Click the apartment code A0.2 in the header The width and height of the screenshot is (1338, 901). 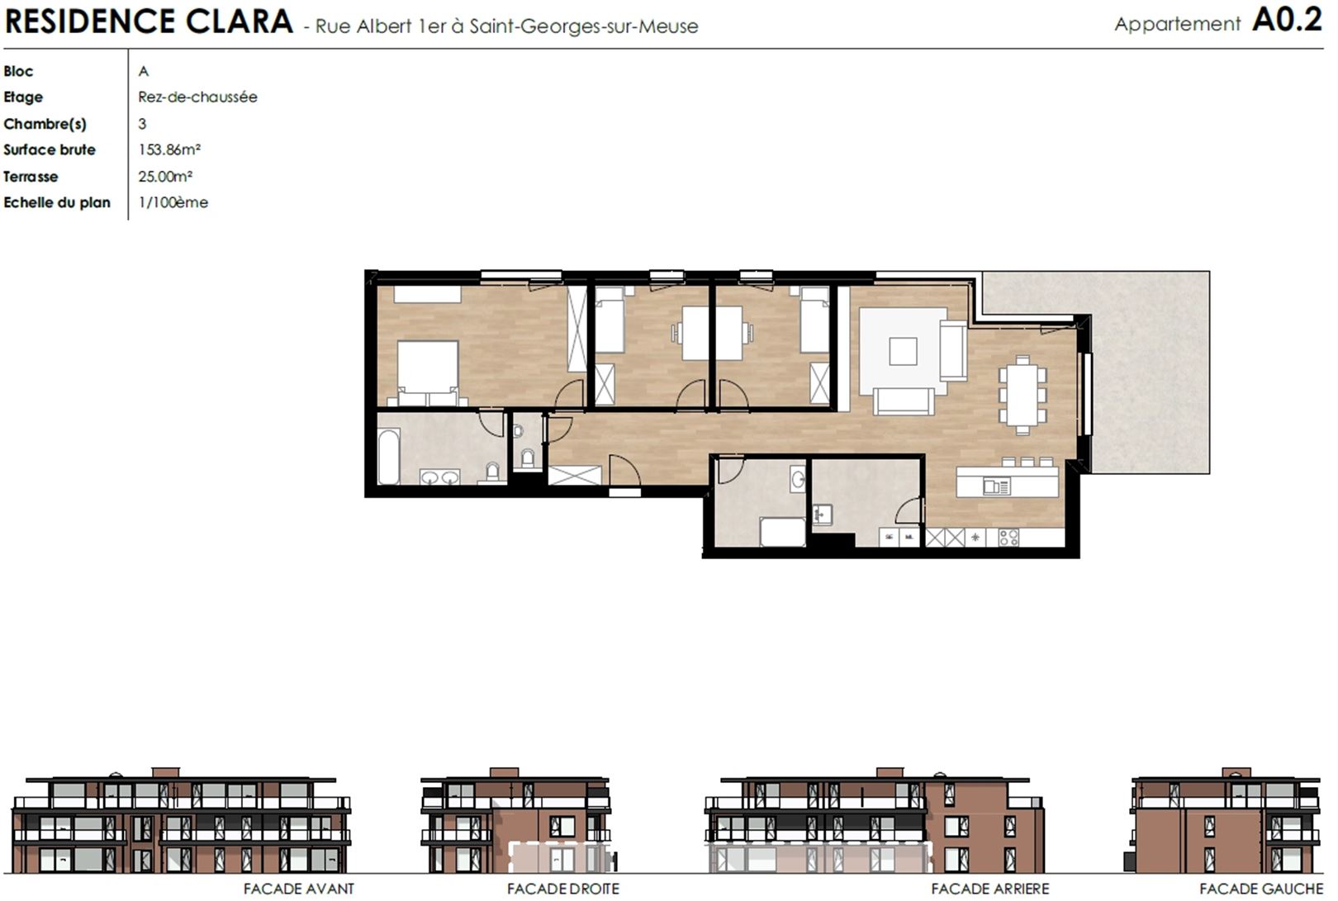1287,21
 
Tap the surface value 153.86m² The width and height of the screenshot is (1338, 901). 169,149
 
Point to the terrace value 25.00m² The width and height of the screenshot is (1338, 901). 165,176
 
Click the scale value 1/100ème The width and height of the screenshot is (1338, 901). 173,202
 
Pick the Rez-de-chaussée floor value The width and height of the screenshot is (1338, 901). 197,97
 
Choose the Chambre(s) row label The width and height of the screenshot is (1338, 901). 45,124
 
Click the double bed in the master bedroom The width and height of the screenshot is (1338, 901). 428,373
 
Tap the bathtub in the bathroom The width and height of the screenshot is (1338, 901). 388,457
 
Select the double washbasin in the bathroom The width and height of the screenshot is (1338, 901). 440,477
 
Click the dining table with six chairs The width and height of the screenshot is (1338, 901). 1022,394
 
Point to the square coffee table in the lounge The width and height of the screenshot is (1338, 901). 903,351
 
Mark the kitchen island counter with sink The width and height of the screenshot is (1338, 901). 1007,481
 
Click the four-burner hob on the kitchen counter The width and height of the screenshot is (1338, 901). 1008,538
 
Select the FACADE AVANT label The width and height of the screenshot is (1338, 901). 299,889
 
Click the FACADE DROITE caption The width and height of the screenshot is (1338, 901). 563,889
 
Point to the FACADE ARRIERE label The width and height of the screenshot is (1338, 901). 989,889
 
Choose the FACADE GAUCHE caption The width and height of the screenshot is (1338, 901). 1261,889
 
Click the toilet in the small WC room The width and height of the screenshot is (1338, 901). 528,458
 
